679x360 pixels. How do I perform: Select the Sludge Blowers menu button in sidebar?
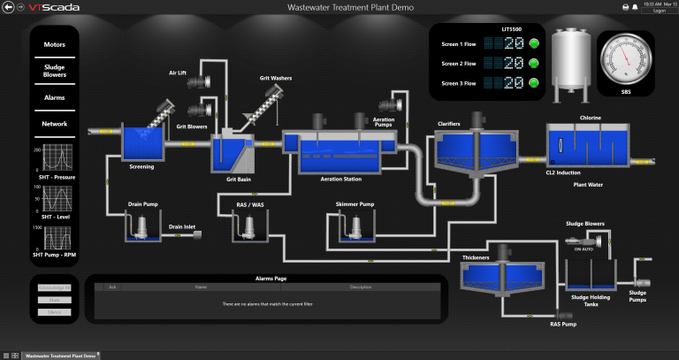[54, 70]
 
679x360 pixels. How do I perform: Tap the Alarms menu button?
[54, 97]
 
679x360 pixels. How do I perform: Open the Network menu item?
[54, 124]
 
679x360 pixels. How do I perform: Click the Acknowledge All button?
[55, 287]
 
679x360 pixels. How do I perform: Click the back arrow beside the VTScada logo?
[8, 7]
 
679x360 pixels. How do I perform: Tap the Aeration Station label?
[340, 179]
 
